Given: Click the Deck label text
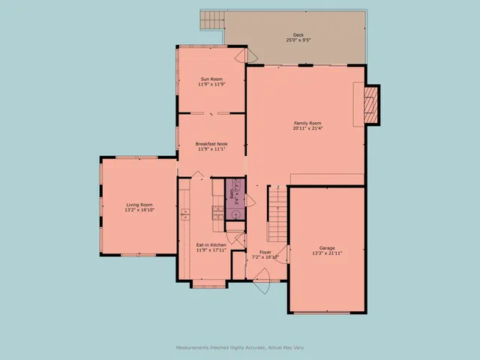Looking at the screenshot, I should coord(298,35).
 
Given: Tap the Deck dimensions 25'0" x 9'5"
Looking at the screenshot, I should coord(298,40).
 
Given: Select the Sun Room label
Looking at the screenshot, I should coord(211,79).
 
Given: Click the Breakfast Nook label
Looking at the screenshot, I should coord(211,144).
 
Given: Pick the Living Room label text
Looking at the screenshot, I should coord(139,205).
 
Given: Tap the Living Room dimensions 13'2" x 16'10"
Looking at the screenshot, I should coord(139,210).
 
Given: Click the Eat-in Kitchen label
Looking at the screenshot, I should coord(211,244).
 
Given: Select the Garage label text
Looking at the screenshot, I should coord(327,248).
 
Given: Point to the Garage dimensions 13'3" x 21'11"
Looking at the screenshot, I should coord(327,253).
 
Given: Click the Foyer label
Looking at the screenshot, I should coord(265,251).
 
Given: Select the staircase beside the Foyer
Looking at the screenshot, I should coord(277,210).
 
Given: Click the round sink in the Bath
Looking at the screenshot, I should coord(235,214).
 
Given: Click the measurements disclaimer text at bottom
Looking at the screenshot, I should coord(240,347).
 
